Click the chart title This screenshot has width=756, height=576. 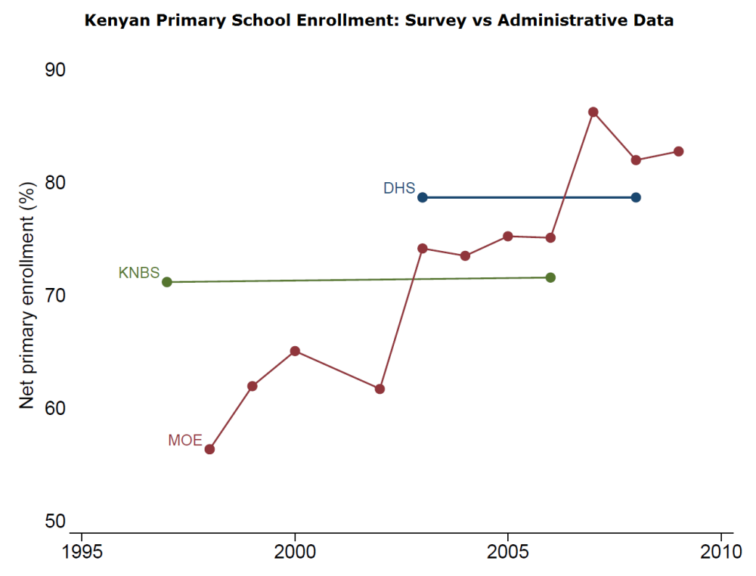click(379, 20)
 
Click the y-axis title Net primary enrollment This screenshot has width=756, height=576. click(28, 296)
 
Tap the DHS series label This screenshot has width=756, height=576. click(399, 188)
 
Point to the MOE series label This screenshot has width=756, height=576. click(185, 441)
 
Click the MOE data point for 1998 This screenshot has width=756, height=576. click(210, 449)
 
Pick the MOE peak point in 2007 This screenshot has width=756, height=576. click(593, 112)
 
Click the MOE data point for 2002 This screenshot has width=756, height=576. click(380, 389)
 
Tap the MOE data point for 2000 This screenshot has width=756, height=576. click(295, 351)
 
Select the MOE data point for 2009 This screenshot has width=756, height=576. click(679, 151)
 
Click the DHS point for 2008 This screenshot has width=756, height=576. click(636, 197)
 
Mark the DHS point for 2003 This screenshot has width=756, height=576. click(423, 197)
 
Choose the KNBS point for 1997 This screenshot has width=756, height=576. click(167, 282)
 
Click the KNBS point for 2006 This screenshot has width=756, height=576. click(550, 277)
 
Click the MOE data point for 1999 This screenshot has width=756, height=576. click(253, 386)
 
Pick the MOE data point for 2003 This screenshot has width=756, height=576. click(423, 248)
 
